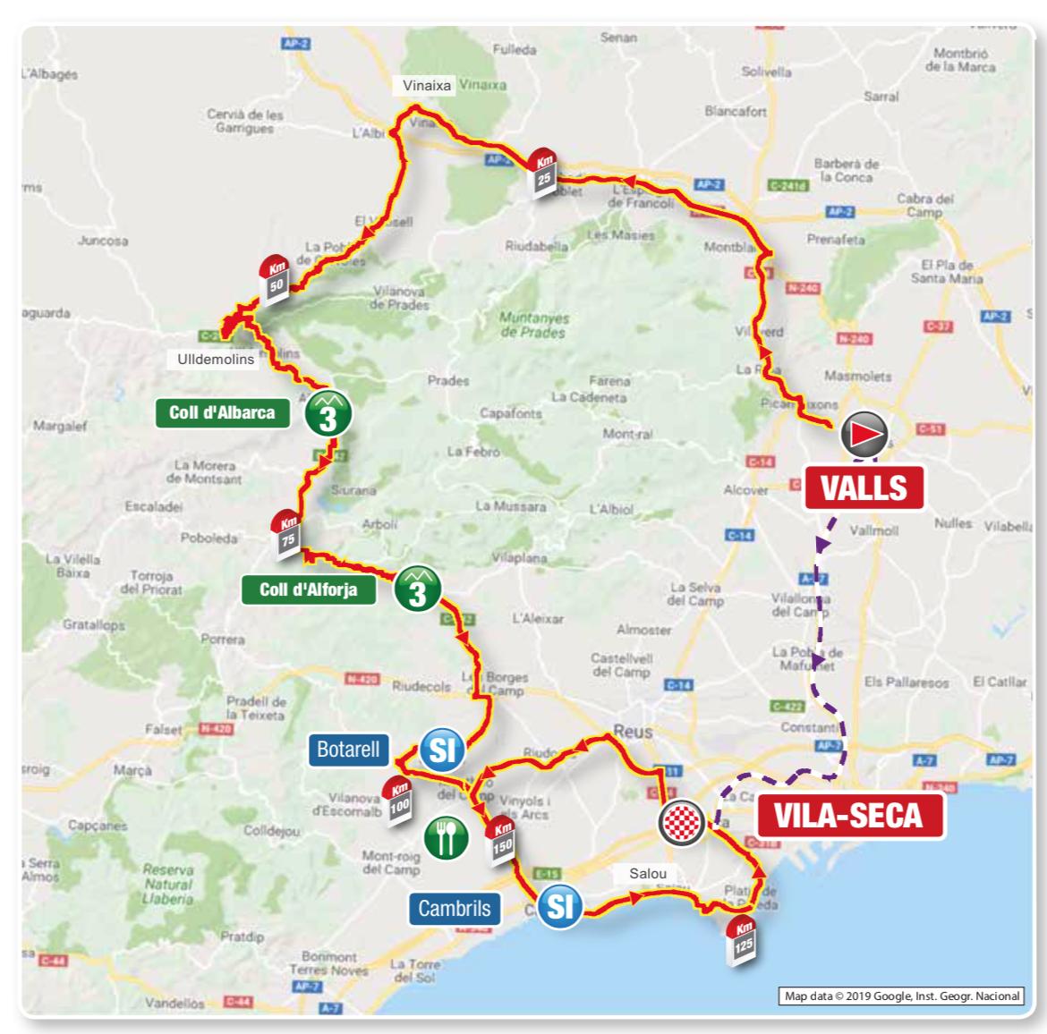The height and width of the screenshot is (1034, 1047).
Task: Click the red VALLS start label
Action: click(864, 487)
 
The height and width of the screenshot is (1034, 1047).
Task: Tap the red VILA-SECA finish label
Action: click(849, 816)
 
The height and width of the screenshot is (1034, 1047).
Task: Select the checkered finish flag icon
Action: click(682, 822)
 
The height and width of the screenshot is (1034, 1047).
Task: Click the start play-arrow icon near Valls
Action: click(863, 435)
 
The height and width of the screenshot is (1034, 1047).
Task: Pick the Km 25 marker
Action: click(542, 172)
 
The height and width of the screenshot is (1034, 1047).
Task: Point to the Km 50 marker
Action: click(275, 278)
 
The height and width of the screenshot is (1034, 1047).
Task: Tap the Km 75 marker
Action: click(287, 535)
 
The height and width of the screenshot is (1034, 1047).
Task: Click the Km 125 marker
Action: click(743, 938)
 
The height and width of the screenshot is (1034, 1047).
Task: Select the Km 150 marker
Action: click(502, 839)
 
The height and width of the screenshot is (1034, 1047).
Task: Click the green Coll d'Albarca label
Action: click(222, 412)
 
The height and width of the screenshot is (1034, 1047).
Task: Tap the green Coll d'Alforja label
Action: click(308, 589)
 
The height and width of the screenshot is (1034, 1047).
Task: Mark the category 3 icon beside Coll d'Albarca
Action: click(328, 414)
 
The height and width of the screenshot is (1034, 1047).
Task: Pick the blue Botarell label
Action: click(348, 749)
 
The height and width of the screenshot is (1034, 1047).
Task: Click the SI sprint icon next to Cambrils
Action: click(558, 906)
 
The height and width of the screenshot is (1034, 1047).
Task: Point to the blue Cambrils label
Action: click(455, 908)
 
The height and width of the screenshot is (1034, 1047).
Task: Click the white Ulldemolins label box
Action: click(216, 359)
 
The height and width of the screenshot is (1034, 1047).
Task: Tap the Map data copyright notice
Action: click(902, 996)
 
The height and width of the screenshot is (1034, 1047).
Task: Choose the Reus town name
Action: click(633, 731)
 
